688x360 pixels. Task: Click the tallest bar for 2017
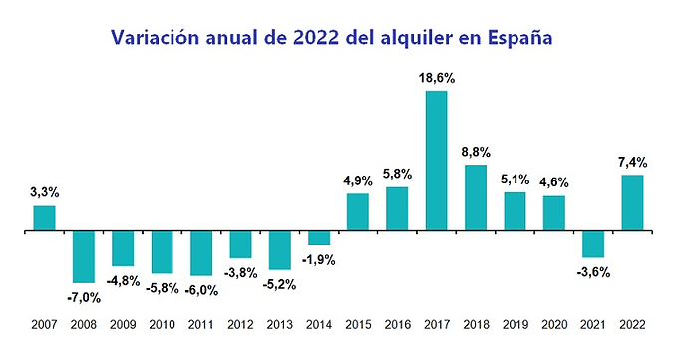[436, 161]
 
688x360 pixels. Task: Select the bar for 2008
[84, 257]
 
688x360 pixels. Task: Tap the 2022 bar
[633, 202]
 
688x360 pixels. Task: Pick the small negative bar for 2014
[319, 238]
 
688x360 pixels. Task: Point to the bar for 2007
[44, 218]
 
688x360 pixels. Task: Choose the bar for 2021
[593, 244]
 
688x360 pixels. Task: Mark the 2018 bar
[476, 197]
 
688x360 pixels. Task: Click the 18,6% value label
[437, 79]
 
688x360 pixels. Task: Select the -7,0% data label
[84, 298]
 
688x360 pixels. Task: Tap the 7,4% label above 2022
[633, 163]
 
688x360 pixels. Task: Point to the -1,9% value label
[318, 261]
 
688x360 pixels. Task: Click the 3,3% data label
[44, 192]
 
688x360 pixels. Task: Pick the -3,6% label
[593, 273]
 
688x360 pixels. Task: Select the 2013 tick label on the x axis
[280, 325]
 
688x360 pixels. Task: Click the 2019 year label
[516, 325]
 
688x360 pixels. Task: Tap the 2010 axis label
[162, 325]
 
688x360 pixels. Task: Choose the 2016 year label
[398, 325]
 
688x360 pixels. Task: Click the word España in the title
[519, 38]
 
